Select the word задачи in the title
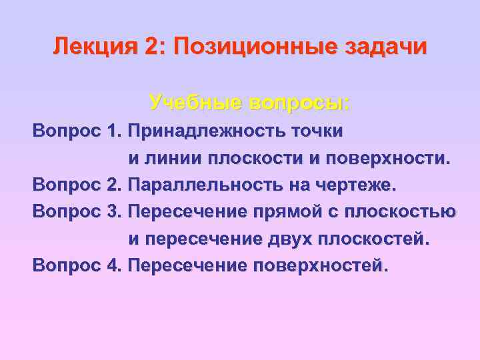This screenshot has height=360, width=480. coord(386,47)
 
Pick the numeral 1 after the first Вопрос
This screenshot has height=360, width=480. coord(112,131)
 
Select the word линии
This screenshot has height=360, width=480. coord(170,158)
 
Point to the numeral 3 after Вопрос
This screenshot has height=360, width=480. coord(112,211)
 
